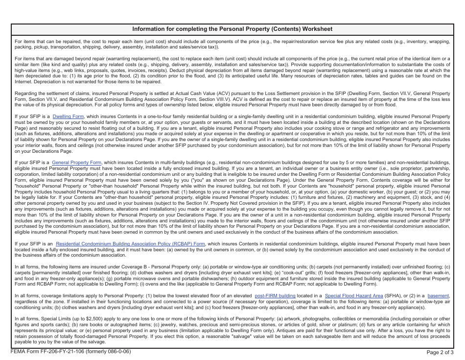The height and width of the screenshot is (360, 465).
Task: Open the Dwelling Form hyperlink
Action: (68, 117)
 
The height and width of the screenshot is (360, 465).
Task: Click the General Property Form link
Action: (76, 163)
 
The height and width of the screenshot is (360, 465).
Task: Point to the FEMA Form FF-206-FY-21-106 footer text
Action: (70, 352)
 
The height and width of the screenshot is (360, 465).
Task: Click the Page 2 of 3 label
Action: (440, 352)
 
